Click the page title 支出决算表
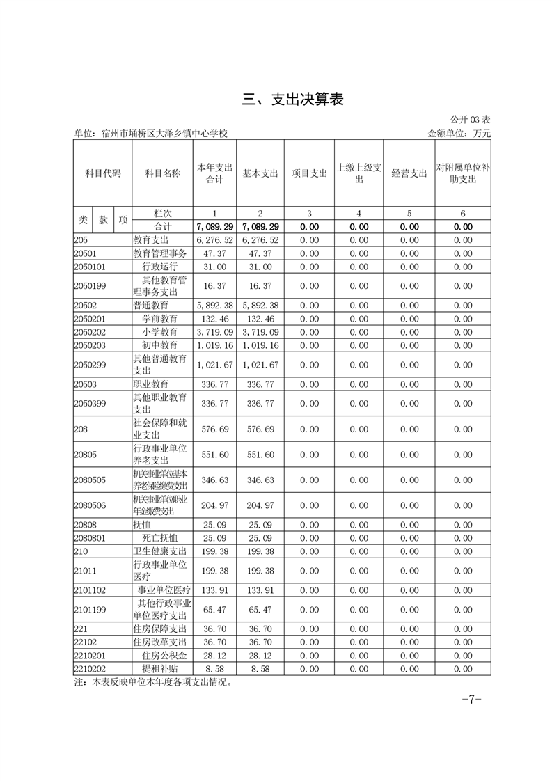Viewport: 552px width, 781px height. pyautogui.click(x=293, y=100)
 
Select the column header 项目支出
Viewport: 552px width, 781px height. pyautogui.click(x=309, y=173)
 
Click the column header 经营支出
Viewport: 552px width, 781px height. pyautogui.click(x=409, y=173)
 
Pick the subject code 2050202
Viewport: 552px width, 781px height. pyautogui.click(x=88, y=332)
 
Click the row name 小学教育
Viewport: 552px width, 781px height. pyautogui.click(x=160, y=332)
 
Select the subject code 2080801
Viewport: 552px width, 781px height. pyautogui.click(x=88, y=538)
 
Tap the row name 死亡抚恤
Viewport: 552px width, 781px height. pyautogui.click(x=160, y=538)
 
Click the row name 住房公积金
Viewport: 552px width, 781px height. pyautogui.click(x=164, y=656)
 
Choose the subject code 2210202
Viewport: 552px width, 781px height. pyautogui.click(x=88, y=668)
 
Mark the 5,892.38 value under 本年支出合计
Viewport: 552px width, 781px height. pyautogui.click(x=214, y=306)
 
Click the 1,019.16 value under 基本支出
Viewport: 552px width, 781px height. pyautogui.click(x=260, y=345)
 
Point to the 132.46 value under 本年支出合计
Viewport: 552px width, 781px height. pyautogui.click(x=214, y=319)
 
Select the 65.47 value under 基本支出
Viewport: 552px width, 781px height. pyautogui.click(x=260, y=610)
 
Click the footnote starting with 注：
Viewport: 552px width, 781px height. pyautogui.click(x=152, y=682)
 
